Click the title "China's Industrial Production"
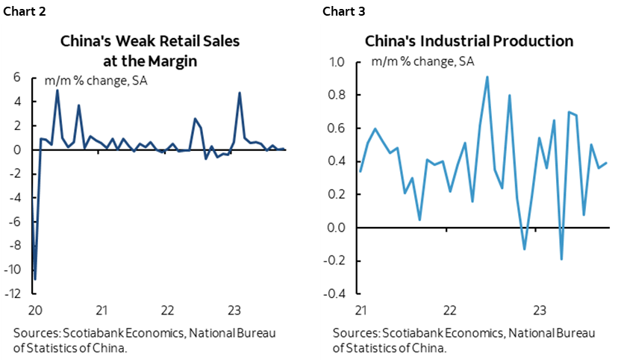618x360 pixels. pyautogui.click(x=469, y=41)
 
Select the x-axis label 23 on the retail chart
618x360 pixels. pyautogui.click(x=233, y=309)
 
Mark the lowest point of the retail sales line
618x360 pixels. pyautogui.click(x=35, y=279)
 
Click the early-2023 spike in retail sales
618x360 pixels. pyautogui.click(x=240, y=93)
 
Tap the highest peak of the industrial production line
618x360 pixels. pyautogui.click(x=487, y=76)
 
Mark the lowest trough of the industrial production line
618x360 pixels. pyautogui.click(x=561, y=259)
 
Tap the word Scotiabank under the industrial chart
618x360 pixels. pyautogui.click(x=406, y=333)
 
